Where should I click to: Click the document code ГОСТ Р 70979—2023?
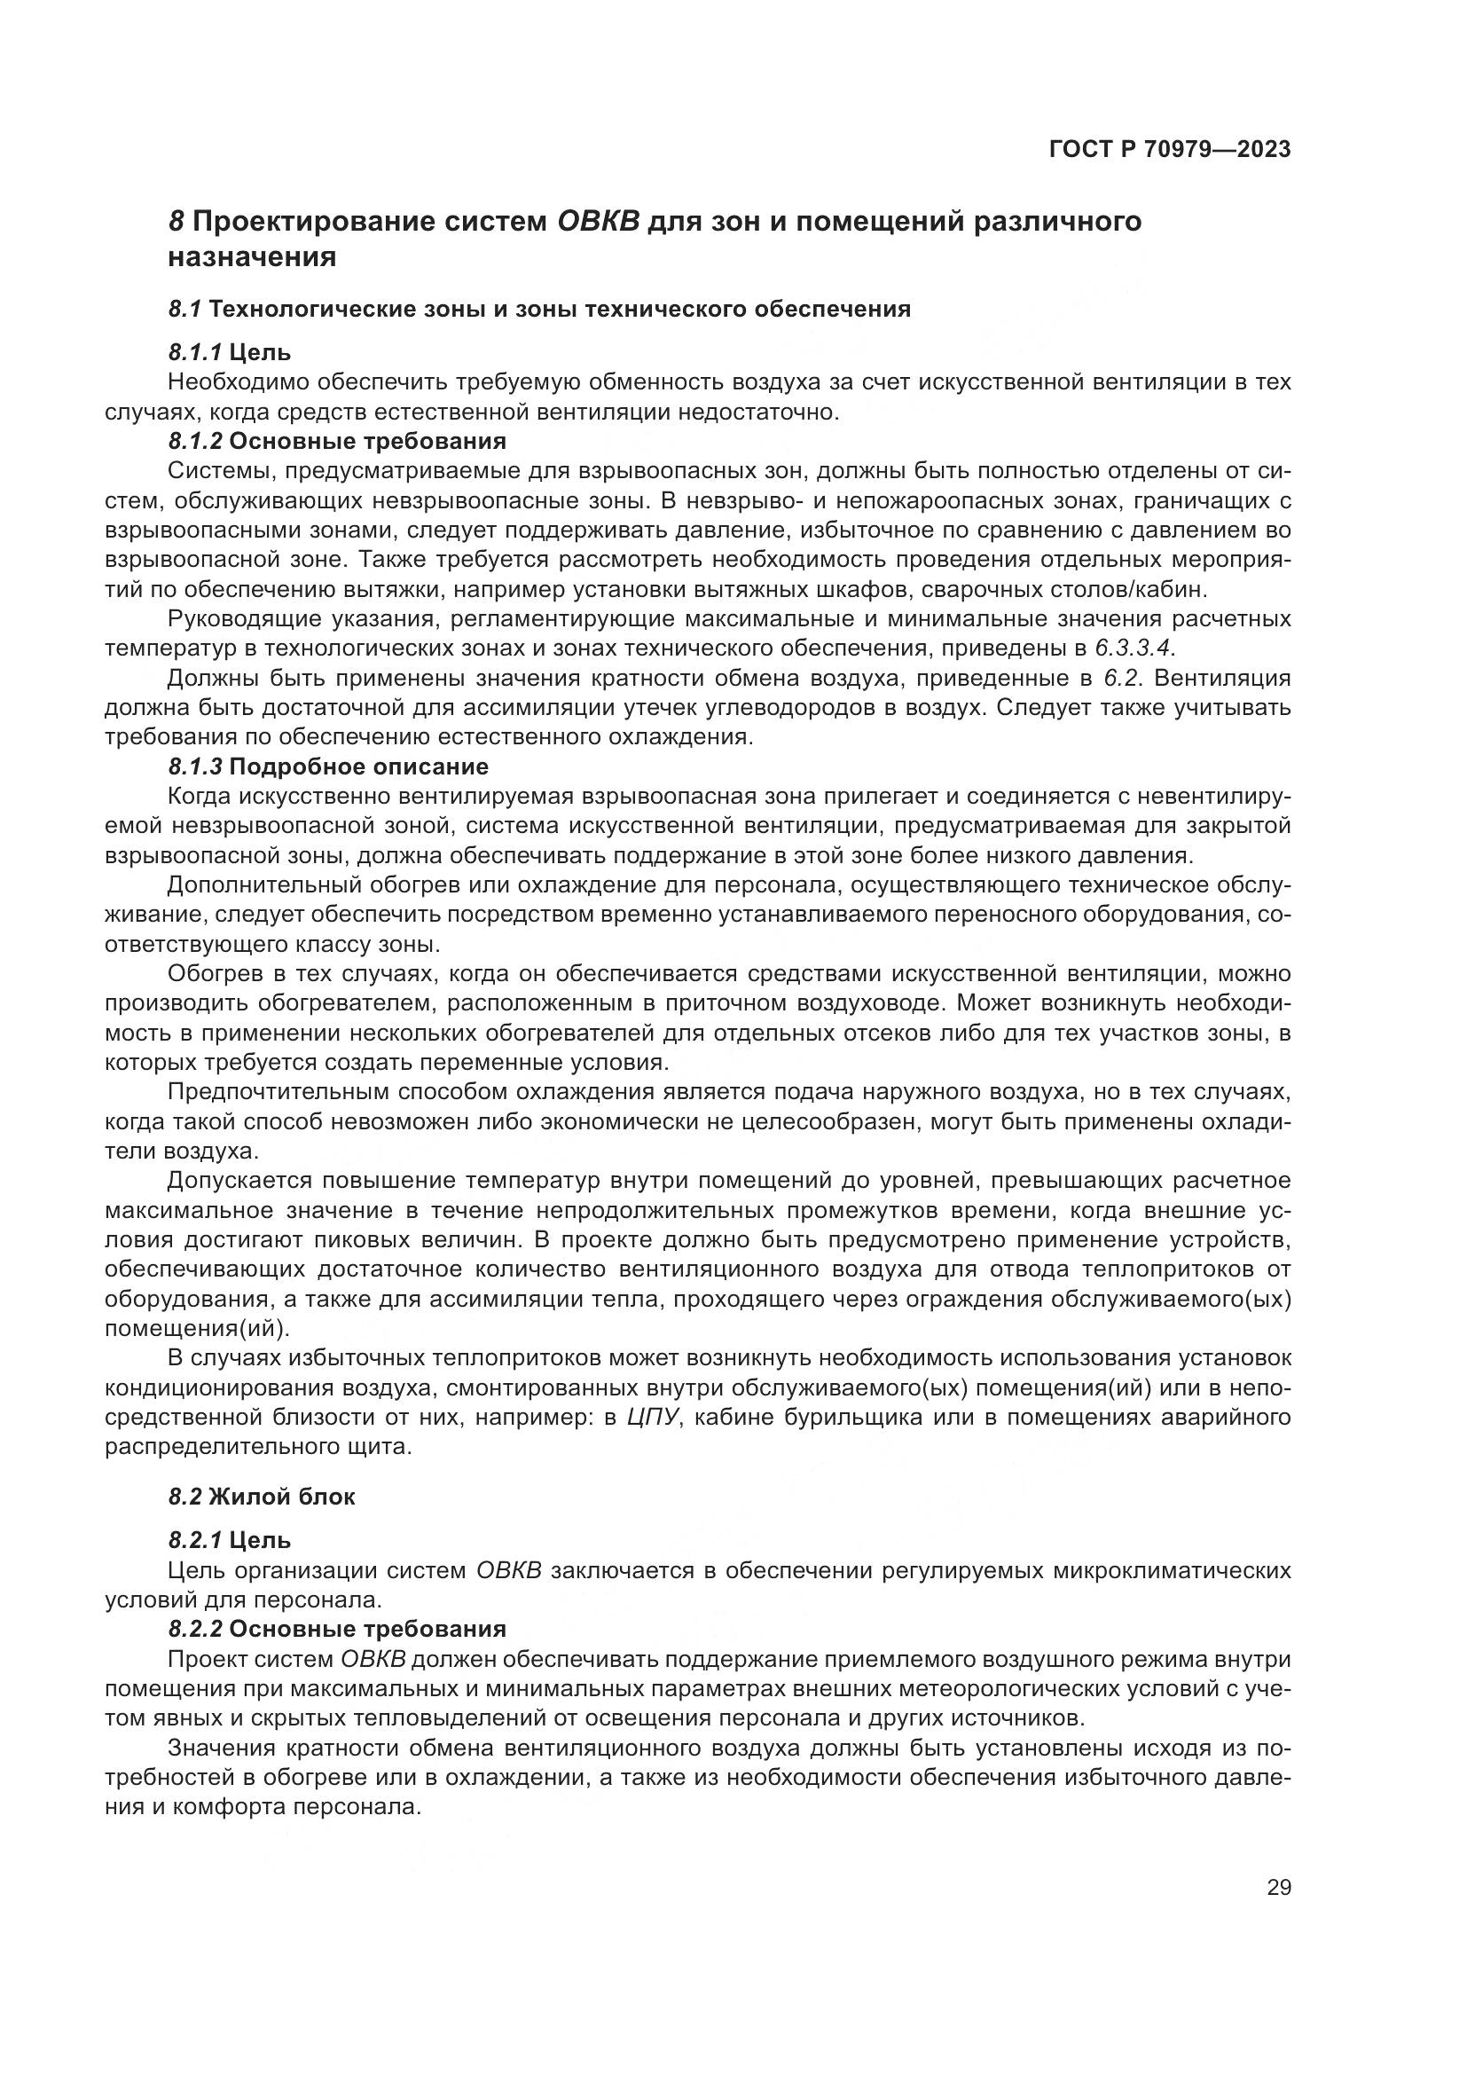1170,150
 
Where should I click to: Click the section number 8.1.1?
195,352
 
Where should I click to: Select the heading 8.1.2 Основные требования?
337,442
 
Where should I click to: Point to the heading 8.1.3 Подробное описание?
328,767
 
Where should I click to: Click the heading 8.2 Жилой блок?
262,1497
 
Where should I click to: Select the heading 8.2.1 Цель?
230,1540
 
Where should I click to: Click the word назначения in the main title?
252,257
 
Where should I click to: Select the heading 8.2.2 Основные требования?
337,1630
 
